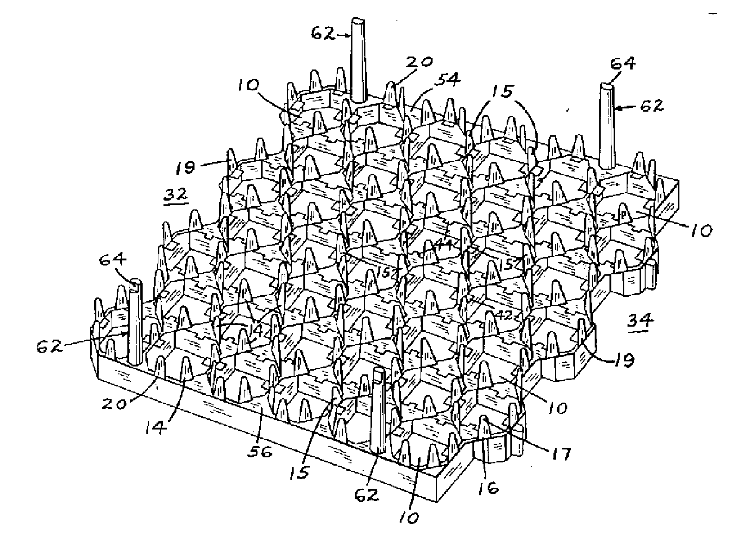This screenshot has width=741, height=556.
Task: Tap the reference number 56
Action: point(260,451)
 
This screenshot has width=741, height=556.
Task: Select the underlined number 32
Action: point(176,195)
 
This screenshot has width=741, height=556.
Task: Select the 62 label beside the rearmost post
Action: point(322,33)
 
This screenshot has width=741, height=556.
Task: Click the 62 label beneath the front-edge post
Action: point(367,495)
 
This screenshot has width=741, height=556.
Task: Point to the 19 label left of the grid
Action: point(186,167)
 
